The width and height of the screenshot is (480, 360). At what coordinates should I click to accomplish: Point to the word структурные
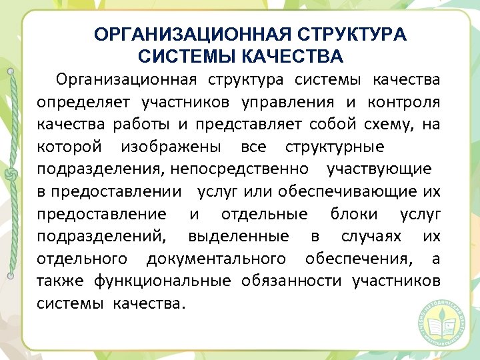click(334, 147)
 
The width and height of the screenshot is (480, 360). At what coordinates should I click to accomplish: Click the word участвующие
click(379, 169)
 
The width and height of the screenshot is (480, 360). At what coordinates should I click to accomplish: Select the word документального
click(217, 258)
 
